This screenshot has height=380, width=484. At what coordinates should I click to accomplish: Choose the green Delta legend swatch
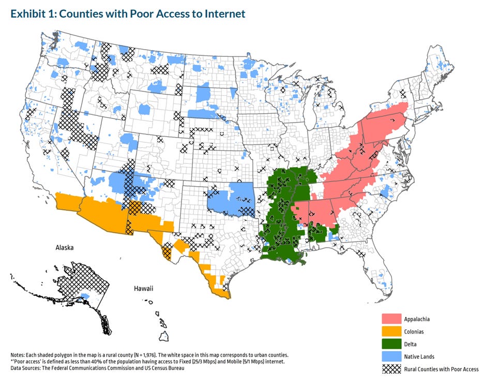(392, 343)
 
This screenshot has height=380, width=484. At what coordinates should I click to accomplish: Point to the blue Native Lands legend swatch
(392, 356)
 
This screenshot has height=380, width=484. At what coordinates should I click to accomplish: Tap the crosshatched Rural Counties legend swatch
(392, 369)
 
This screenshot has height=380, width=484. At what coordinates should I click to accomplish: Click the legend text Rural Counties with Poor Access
(443, 369)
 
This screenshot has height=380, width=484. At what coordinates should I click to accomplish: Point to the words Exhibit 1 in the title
(31, 14)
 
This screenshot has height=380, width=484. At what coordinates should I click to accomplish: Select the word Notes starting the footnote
(19, 355)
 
